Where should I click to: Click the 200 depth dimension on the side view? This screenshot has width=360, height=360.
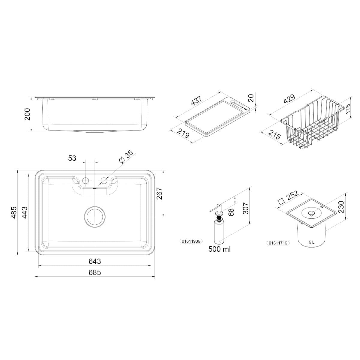[28, 114]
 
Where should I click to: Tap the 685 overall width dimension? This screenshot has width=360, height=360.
[95, 273]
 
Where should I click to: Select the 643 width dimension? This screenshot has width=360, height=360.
[95, 261]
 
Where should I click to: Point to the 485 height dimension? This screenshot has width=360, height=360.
[14, 212]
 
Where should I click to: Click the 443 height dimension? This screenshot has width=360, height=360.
[25, 212]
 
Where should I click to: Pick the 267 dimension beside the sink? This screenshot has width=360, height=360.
[160, 193]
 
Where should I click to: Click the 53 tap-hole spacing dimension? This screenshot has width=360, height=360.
[72, 158]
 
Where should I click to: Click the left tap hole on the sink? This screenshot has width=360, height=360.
[85, 180]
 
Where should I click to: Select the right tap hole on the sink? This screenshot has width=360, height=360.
[104, 180]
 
